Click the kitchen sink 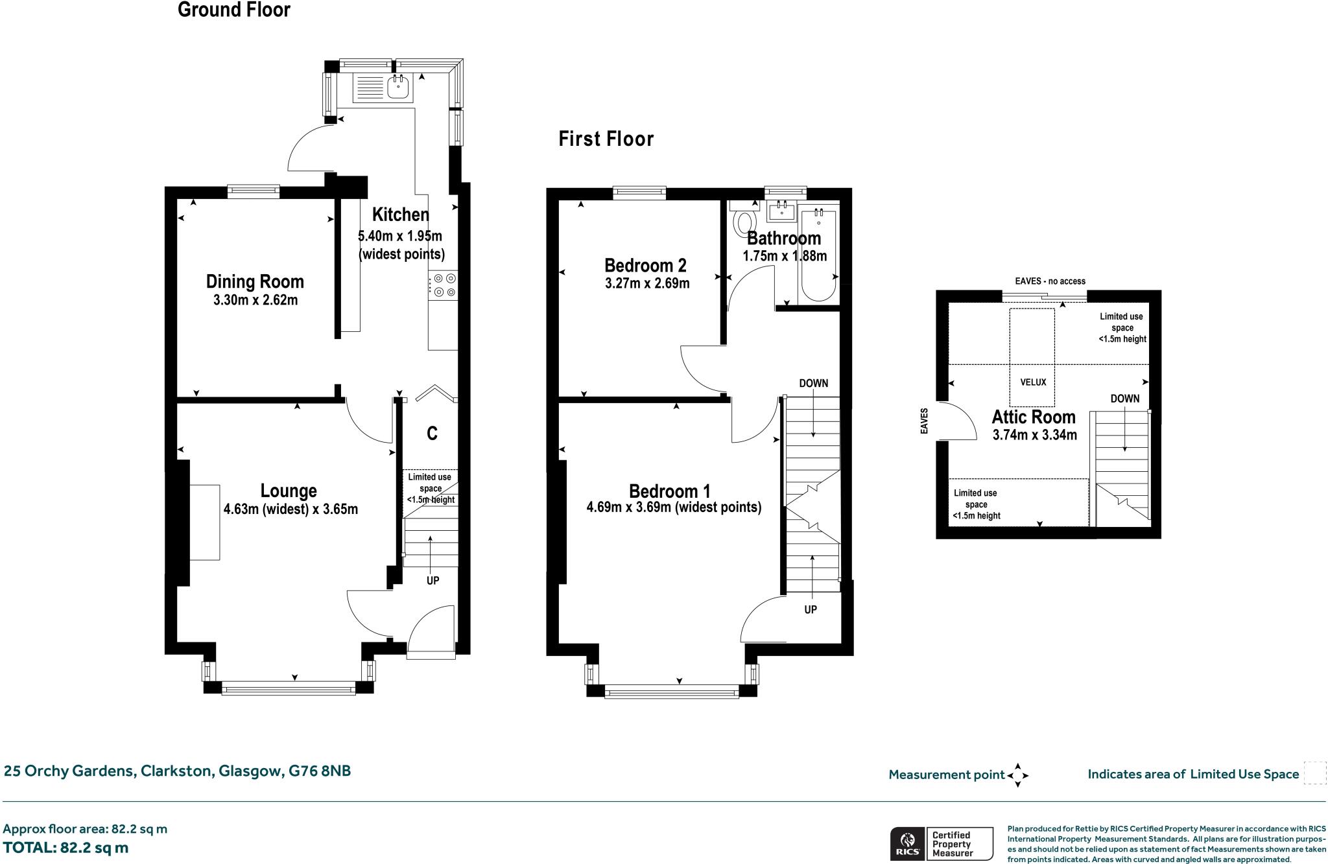[397, 88]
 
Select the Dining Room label [255, 281]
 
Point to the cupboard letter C [432, 433]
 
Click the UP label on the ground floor [433, 581]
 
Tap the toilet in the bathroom [743, 222]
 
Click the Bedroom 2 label [645, 265]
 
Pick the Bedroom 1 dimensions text [674, 508]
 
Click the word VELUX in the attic [1033, 382]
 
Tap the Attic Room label [1034, 417]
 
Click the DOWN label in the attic [1124, 399]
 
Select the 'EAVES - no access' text [1050, 281]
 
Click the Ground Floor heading [233, 10]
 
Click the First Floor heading [606, 139]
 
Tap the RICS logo [907, 844]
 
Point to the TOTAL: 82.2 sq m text [65, 848]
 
